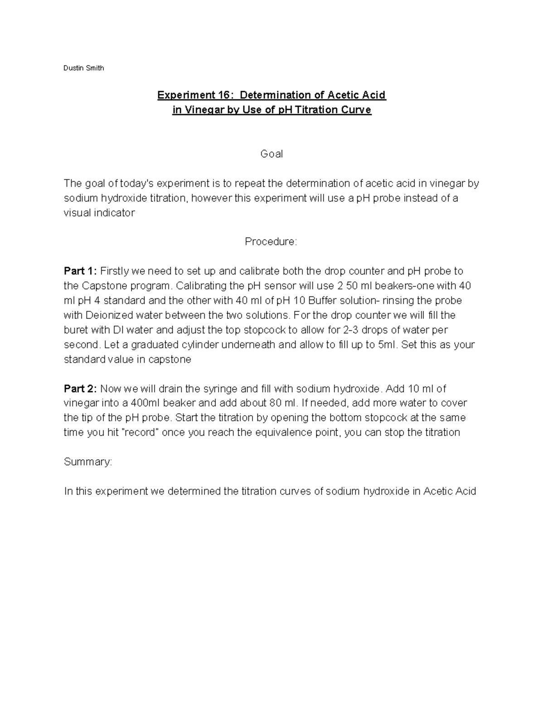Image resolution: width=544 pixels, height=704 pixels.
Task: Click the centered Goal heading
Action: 272,154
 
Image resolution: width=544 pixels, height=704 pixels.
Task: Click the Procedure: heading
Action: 271,242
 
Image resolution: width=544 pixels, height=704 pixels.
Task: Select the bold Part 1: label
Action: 80,271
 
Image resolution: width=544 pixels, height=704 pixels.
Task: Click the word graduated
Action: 155,345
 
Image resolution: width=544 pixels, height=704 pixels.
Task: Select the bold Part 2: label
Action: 80,388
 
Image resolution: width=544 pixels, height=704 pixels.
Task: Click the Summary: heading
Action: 88,462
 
